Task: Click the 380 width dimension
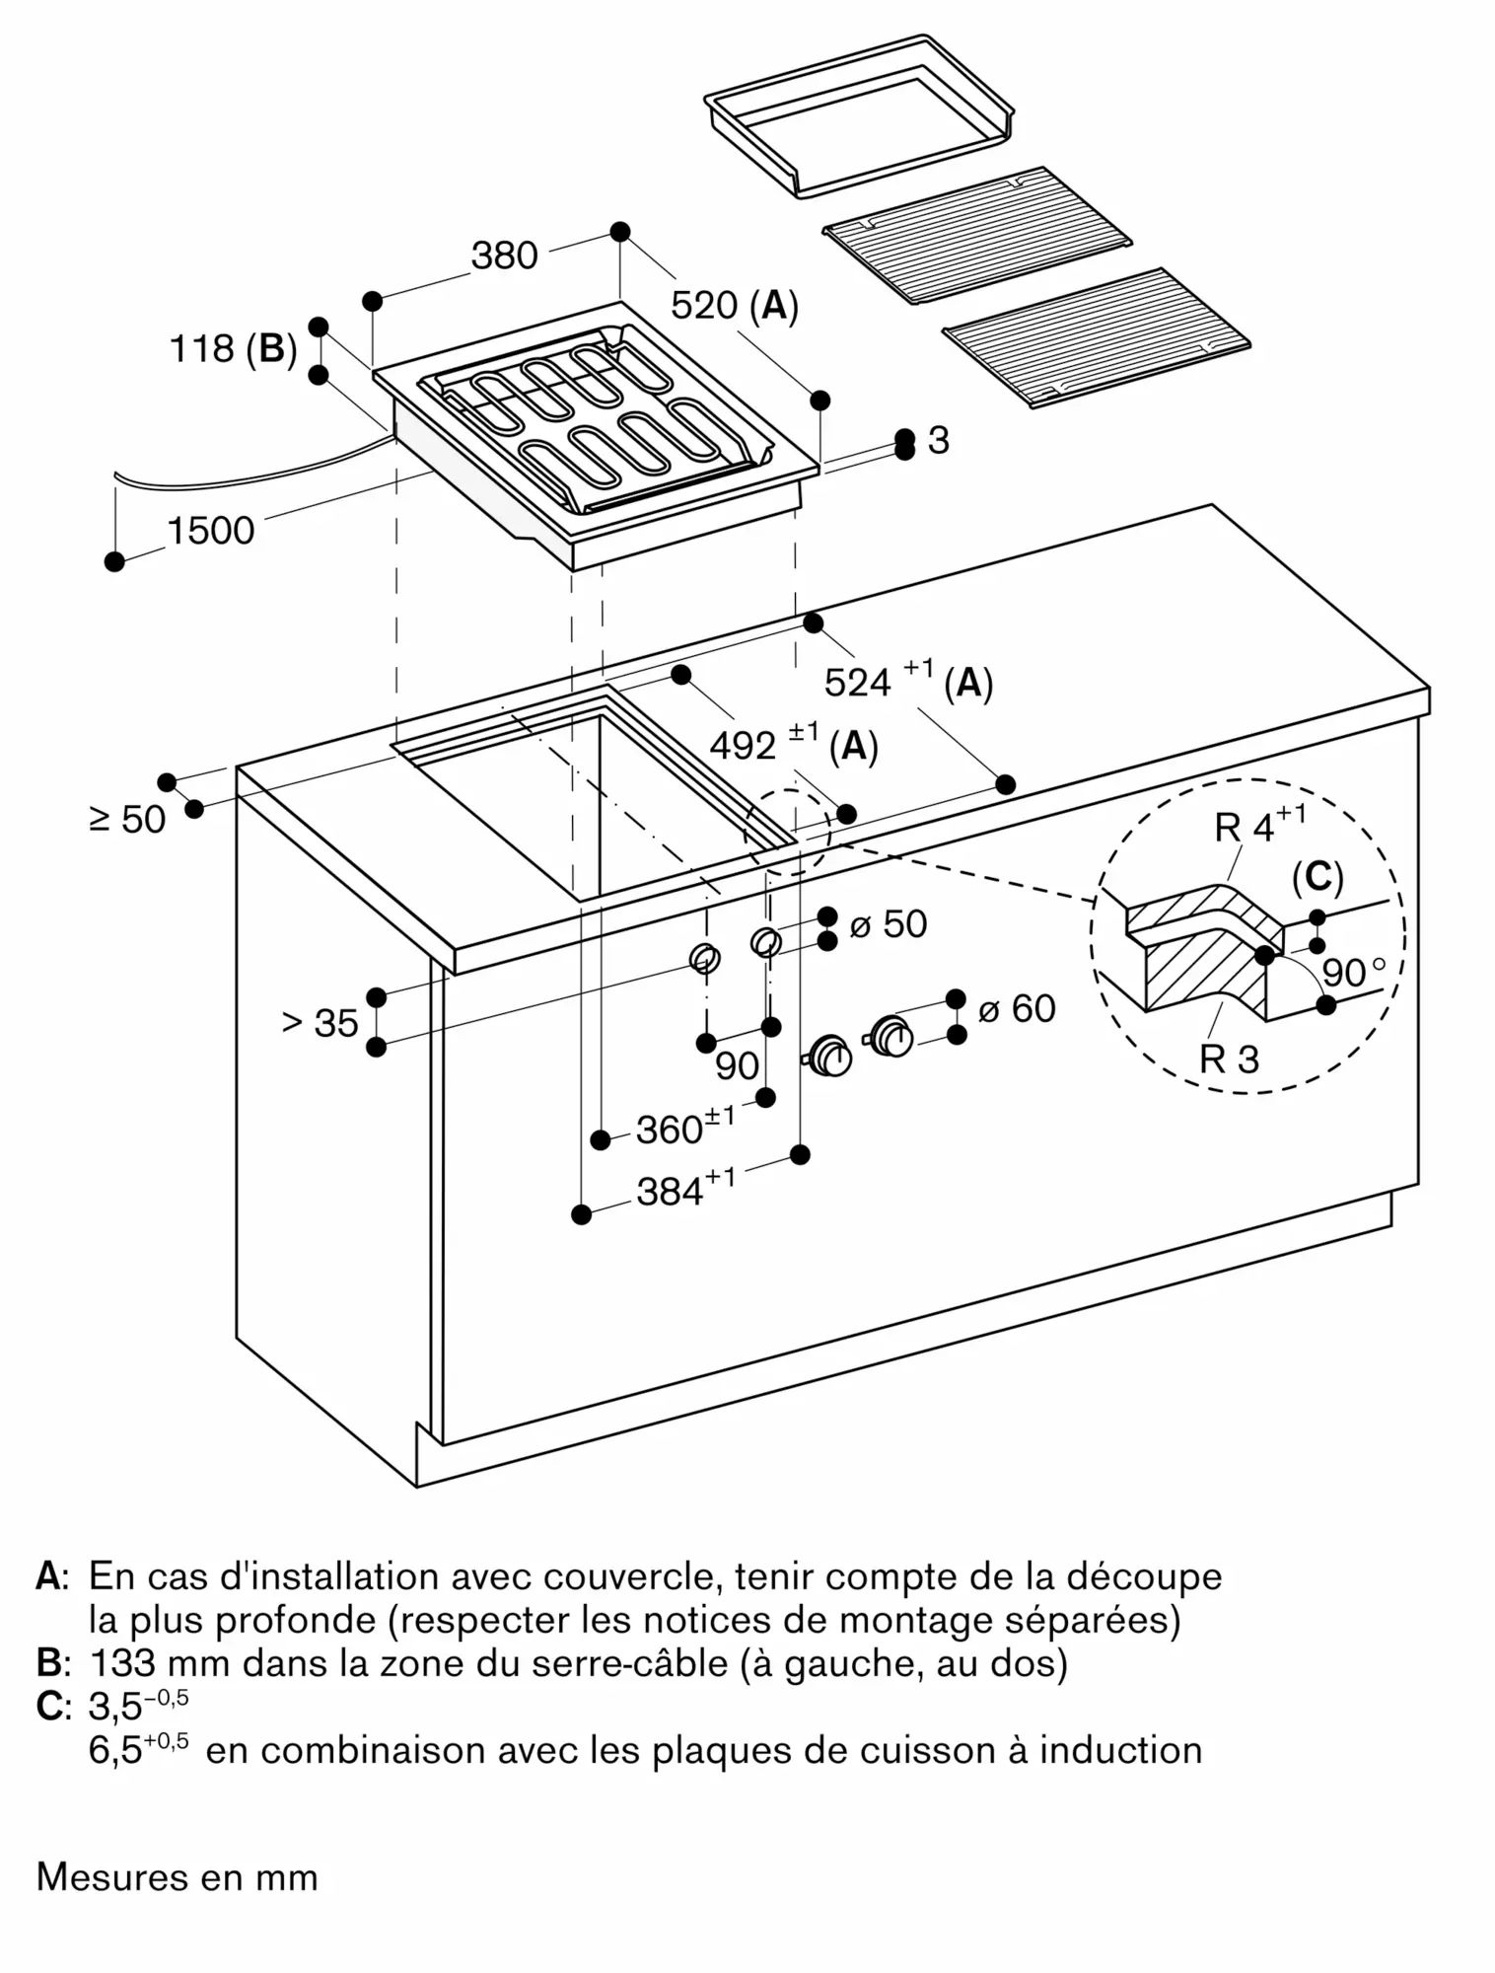click(504, 256)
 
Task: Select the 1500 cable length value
click(211, 531)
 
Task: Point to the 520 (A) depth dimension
click(734, 306)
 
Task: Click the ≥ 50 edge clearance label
click(128, 819)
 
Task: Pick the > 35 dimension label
click(320, 1023)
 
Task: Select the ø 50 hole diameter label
click(888, 923)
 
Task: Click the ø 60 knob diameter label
click(1017, 1008)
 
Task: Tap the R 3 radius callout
click(1229, 1059)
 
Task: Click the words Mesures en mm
click(178, 1876)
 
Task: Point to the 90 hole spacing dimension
click(737, 1065)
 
